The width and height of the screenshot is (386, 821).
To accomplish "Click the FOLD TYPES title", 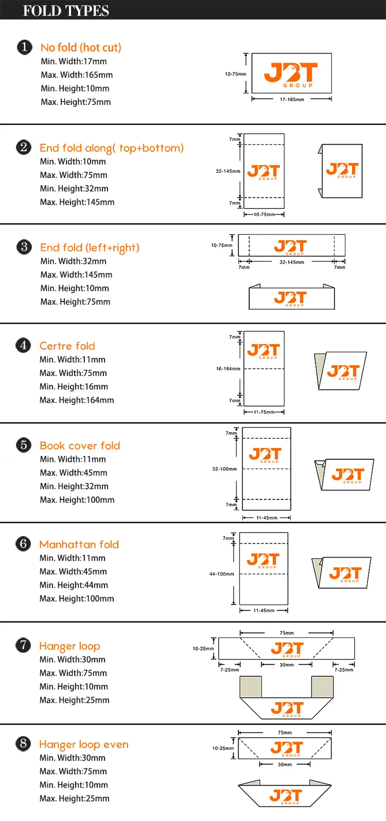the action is point(66,11).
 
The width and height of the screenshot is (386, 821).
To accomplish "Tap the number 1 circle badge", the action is point(25,47).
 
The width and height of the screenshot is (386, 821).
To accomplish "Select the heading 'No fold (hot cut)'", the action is point(81,48).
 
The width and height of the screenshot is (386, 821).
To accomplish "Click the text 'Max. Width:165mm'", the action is point(77,75).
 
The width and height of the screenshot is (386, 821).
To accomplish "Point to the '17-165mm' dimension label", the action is point(292,99).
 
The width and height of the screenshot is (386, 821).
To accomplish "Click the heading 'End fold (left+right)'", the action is point(90,248).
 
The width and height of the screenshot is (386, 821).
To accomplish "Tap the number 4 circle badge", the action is point(24,345).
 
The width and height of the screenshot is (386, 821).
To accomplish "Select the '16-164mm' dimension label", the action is point(228,369).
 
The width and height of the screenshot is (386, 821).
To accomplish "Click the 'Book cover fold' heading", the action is point(80,445).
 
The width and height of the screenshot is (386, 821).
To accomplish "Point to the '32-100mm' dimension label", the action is point(224,469).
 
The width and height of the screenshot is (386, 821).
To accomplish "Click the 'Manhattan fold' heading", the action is point(79,544).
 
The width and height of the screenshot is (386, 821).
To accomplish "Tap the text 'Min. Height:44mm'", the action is point(74,585).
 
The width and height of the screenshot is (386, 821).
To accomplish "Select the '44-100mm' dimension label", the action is point(221,574).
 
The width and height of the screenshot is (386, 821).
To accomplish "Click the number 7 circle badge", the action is point(23,645).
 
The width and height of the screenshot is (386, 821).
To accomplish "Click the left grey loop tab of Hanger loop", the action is point(251,687).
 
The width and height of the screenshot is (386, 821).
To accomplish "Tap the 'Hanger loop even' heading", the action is point(84,744).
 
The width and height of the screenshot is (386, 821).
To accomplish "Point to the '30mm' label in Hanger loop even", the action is point(285,764).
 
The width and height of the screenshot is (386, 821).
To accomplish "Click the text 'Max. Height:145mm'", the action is point(77,202).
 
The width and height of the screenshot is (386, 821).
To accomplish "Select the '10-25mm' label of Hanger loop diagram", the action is point(203,648).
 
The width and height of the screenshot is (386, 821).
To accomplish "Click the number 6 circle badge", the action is point(24,543).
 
